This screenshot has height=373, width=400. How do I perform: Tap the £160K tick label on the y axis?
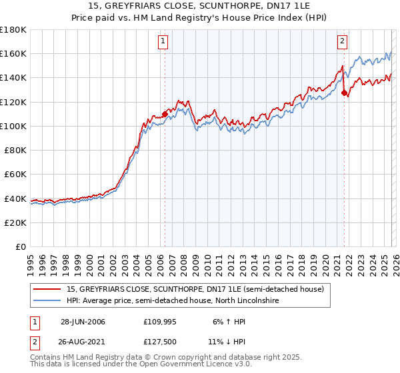click(13, 53)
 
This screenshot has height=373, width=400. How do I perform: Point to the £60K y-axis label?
click(15, 174)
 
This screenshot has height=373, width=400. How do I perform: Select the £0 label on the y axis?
click(21, 246)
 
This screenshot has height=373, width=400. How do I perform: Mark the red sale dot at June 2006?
click(165, 114)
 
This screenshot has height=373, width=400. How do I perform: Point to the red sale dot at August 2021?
click(344, 93)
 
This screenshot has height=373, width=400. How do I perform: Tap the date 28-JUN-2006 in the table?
click(83, 322)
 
